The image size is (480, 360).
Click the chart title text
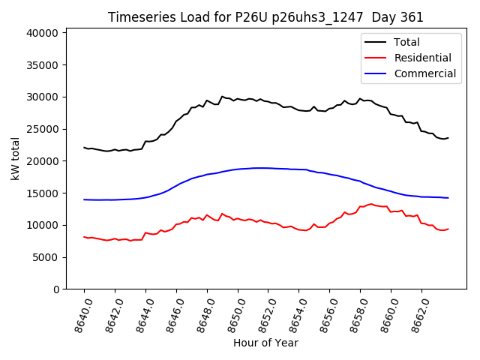coord(265,17)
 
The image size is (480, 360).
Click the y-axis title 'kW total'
coord(16,159)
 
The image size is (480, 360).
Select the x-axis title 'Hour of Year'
coord(265,343)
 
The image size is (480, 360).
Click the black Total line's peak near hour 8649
coord(222,97)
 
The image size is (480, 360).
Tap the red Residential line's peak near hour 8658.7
coord(370,204)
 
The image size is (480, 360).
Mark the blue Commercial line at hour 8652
coord(268,168)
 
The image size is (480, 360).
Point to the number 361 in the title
coord(409,17)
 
